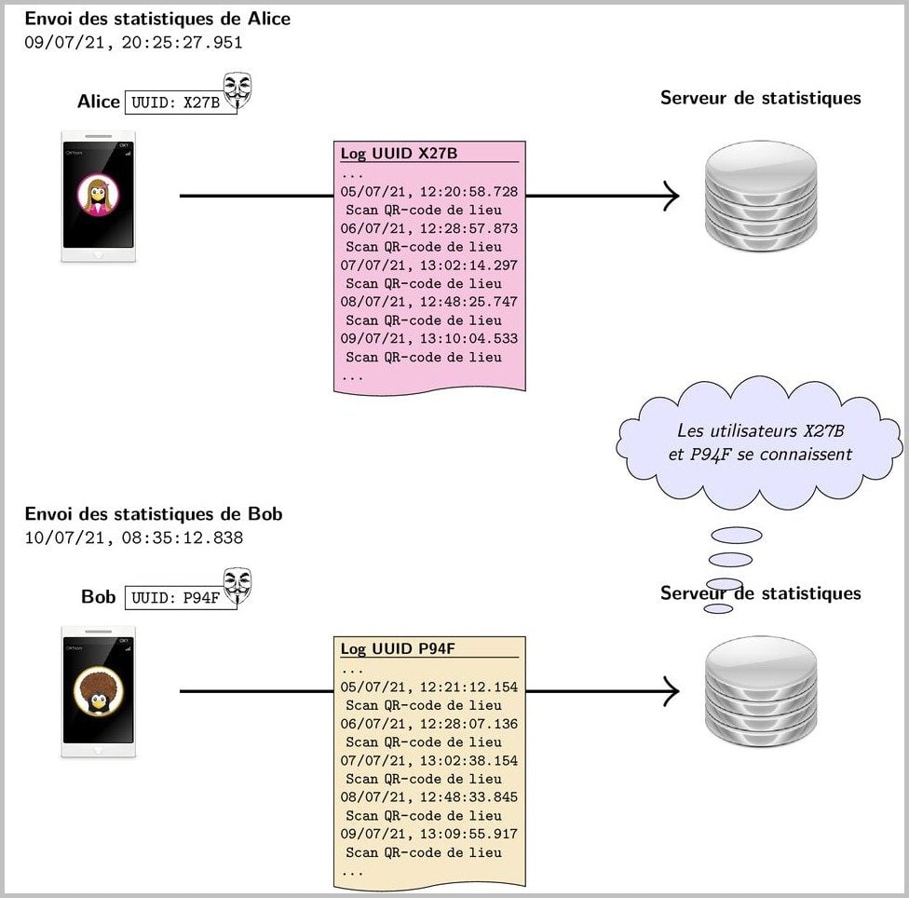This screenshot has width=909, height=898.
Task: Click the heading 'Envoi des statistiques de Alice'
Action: click(x=157, y=19)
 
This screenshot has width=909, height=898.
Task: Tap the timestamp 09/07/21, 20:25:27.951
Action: click(x=133, y=42)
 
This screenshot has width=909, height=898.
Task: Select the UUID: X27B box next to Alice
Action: click(x=181, y=102)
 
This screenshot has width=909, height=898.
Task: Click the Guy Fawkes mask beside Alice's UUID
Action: click(x=237, y=90)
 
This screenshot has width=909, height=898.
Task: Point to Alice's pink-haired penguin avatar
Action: click(x=98, y=196)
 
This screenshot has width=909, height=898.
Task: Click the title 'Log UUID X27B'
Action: click(x=399, y=153)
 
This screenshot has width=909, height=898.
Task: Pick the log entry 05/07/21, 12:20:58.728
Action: click(x=429, y=192)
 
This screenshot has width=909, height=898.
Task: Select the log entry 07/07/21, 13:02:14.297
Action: click(x=429, y=265)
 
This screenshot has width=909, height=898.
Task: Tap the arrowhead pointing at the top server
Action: click(x=672, y=196)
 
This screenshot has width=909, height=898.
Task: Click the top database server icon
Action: click(x=761, y=196)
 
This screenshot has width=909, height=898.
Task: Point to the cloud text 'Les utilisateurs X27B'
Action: click(x=761, y=430)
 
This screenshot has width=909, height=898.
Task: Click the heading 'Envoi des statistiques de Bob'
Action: click(x=154, y=513)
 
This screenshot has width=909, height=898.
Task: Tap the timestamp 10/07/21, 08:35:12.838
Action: click(x=133, y=537)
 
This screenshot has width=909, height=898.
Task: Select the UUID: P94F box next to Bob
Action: click(x=181, y=598)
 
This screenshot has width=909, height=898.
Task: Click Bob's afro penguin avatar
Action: click(x=98, y=691)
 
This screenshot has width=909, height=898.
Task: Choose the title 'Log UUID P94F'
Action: click(x=398, y=648)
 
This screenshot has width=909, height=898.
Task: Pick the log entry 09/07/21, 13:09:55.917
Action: click(x=429, y=835)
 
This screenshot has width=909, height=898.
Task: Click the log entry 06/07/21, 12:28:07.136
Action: click(x=429, y=724)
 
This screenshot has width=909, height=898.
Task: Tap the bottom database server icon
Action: click(x=761, y=691)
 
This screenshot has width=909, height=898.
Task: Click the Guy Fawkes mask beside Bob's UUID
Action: click(x=237, y=586)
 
